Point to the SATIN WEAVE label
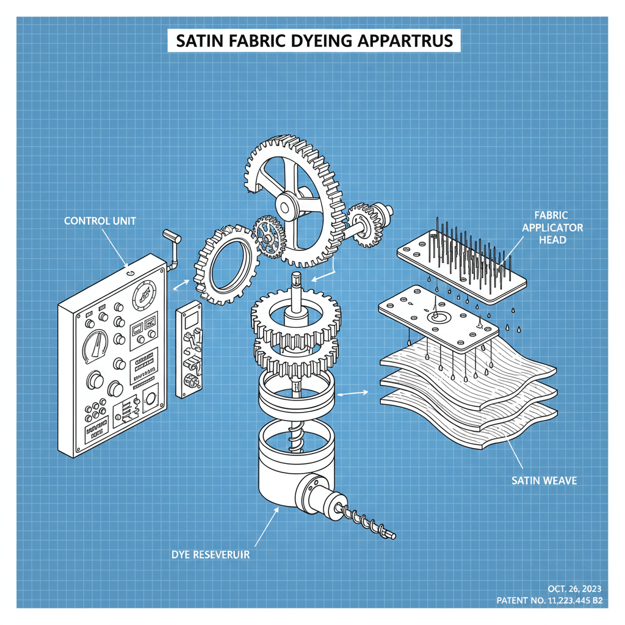[x=544, y=481]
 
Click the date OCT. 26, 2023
[x=574, y=588]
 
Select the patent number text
[x=550, y=601]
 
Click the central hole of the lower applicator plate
[x=438, y=317]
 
